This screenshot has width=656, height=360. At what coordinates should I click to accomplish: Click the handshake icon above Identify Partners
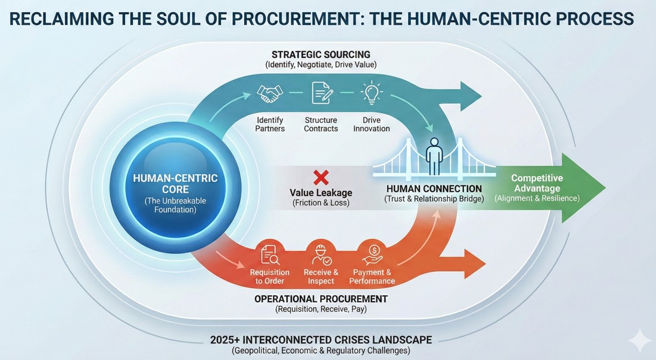click(270, 93)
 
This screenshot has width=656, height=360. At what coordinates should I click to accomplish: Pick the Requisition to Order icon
click(269, 254)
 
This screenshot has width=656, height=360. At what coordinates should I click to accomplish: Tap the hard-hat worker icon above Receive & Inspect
click(321, 254)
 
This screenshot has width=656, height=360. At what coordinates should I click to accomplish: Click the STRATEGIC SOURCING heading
click(321, 55)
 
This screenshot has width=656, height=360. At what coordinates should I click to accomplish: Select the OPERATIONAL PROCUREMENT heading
click(321, 299)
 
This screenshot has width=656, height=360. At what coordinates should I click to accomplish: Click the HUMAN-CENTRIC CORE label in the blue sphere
click(175, 183)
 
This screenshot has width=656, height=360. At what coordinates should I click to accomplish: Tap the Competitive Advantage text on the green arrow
click(537, 183)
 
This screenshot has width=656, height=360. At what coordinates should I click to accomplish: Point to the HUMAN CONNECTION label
click(434, 189)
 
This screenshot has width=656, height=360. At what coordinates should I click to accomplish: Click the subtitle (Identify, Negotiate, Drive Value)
click(321, 65)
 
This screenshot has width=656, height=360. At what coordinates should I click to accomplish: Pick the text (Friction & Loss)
click(321, 203)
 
